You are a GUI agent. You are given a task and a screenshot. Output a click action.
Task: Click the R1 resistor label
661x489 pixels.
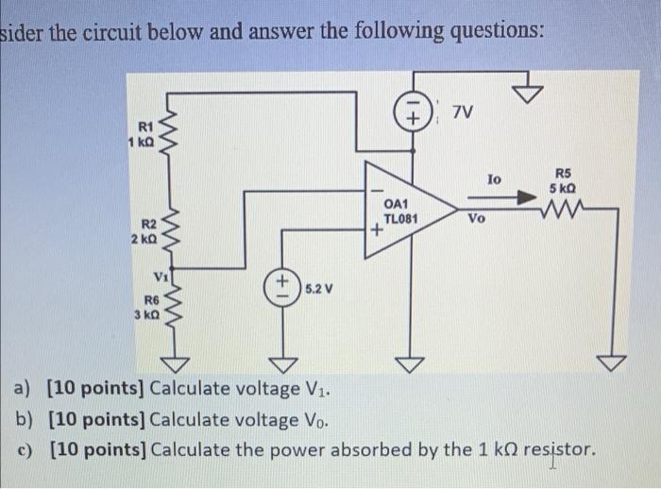(145, 126)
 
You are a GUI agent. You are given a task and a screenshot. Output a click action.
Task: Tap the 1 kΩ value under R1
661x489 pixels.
(142, 141)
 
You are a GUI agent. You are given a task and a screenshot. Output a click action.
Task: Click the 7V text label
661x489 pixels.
(462, 113)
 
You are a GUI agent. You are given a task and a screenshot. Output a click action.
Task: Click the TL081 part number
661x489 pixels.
(400, 217)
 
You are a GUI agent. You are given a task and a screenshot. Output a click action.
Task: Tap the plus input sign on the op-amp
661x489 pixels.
(376, 228)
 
